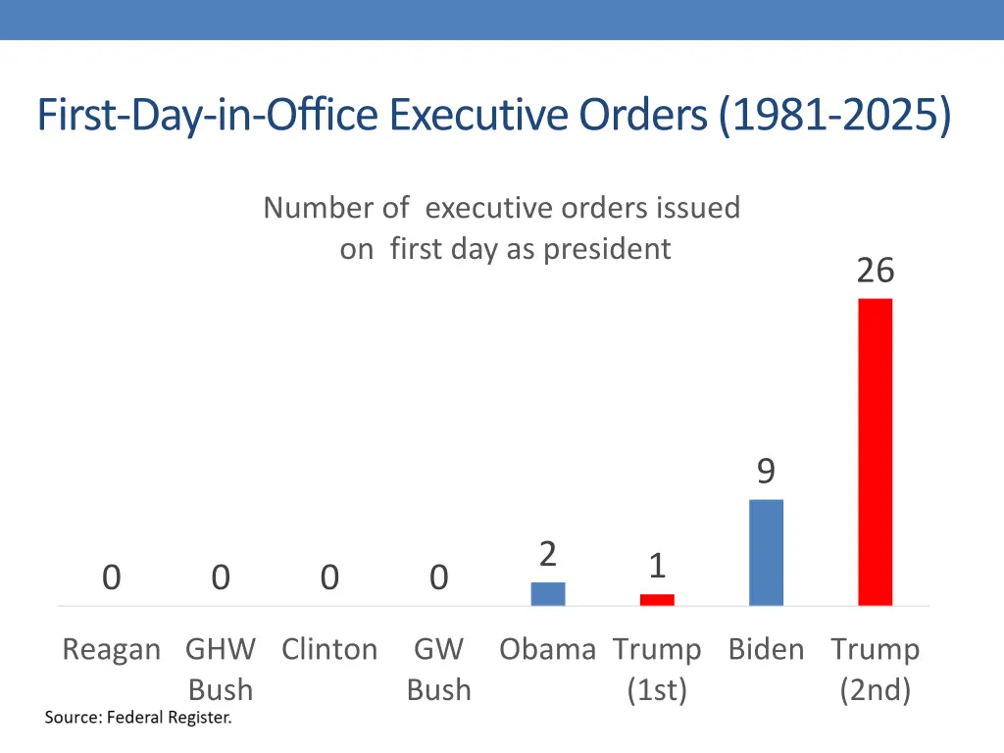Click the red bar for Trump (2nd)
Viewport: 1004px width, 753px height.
[875, 451]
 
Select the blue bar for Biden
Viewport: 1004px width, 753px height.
[766, 552]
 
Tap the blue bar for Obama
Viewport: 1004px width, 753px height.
[548, 593]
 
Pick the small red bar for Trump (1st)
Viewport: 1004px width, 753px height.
[657, 599]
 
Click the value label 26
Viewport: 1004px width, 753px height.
[875, 270]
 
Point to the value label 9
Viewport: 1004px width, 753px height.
[766, 472]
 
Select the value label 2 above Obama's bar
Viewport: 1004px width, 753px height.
[548, 555]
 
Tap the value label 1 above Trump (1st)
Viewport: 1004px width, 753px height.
[657, 566]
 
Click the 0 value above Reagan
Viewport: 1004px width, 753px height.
[112, 578]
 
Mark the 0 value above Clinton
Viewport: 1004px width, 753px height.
[329, 578]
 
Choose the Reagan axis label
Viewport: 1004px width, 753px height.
[111, 649]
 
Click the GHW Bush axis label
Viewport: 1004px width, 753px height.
[221, 669]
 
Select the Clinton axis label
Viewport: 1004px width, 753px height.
[329, 649]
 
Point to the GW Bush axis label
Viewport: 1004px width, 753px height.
[438, 669]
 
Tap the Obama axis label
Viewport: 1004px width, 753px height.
[547, 649]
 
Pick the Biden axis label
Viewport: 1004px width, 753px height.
[766, 649]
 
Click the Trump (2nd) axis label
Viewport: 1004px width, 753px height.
[875, 669]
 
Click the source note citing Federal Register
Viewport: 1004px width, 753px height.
[138, 718]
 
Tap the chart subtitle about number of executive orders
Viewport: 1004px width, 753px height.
[502, 227]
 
